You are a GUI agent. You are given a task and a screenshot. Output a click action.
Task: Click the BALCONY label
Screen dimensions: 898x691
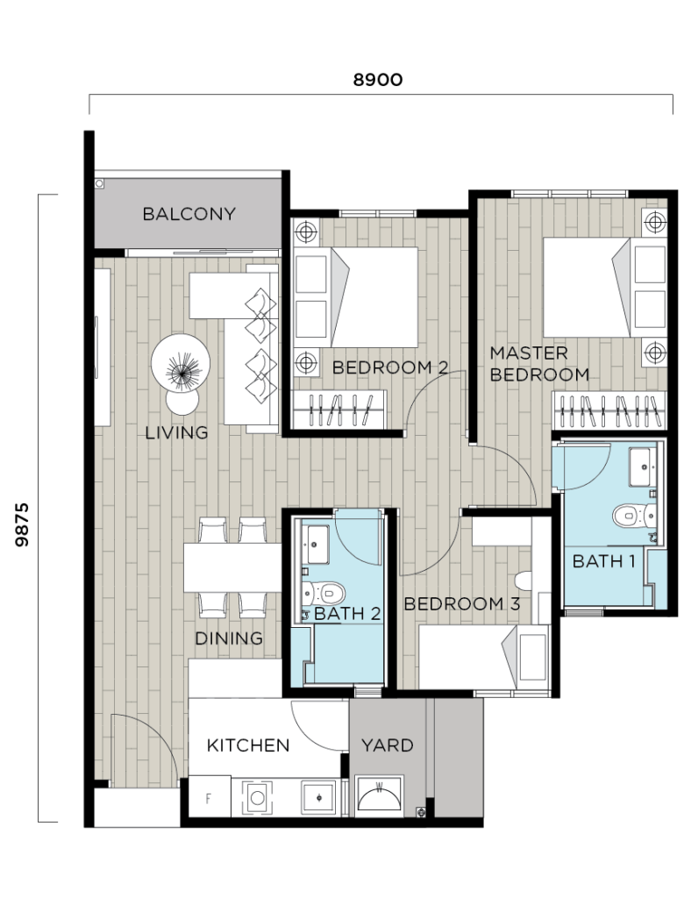click(x=189, y=214)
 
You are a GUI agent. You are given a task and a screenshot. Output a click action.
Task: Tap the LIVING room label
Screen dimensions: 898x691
click(x=177, y=432)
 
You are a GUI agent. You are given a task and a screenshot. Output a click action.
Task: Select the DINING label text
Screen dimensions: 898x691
click(x=228, y=638)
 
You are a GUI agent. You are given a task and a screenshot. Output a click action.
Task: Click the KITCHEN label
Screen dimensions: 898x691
click(x=247, y=745)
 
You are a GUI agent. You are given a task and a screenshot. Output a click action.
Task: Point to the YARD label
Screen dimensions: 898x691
click(x=387, y=745)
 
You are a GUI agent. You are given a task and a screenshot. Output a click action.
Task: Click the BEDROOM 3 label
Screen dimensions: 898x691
click(x=462, y=603)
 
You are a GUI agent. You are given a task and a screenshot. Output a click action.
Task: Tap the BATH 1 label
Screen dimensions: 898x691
click(x=603, y=561)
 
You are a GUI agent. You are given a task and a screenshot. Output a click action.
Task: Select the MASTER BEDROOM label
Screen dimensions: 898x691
click(x=538, y=364)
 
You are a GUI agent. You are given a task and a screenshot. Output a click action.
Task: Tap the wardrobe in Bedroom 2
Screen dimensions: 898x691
click(x=341, y=410)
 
